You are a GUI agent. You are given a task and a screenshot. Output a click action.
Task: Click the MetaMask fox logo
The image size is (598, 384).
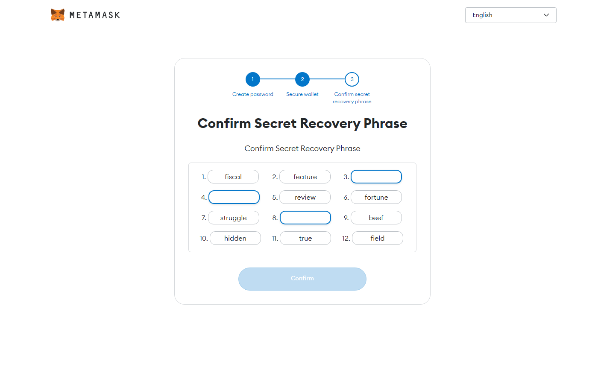pos(58,15)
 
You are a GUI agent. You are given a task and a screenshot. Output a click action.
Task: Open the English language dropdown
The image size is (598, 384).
pos(510,15)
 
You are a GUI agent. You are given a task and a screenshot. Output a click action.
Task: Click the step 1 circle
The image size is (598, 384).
pos(252,79)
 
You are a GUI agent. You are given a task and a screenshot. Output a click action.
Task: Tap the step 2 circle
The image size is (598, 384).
pos(302,79)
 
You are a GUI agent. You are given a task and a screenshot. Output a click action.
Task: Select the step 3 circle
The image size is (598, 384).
pos(352,79)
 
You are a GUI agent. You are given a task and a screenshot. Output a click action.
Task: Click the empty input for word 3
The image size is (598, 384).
pos(376,177)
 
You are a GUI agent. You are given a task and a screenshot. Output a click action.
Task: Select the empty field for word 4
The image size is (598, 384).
pos(234,197)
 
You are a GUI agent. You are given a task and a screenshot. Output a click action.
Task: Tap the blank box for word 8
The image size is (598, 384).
pos(305,218)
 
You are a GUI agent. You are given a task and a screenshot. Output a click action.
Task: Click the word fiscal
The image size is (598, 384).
pos(233,177)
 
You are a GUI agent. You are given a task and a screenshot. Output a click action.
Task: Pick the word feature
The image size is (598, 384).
pos(305,177)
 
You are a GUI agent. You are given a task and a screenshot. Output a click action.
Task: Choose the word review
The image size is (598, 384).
pos(305,197)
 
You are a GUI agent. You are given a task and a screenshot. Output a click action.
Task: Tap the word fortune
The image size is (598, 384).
pos(376,197)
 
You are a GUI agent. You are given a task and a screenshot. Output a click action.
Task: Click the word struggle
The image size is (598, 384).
pos(233,218)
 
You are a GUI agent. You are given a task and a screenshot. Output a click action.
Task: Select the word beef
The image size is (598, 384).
pos(376,218)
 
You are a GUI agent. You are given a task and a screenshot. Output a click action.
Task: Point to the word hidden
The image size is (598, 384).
pos(235,238)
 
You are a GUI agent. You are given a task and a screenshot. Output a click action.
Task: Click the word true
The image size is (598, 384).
pos(305,238)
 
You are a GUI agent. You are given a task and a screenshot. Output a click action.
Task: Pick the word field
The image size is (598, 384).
pos(378,238)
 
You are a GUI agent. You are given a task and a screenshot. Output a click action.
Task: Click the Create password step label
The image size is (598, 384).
pos(252,94)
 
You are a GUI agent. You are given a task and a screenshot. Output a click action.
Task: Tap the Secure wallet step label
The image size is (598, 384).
pos(302,94)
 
